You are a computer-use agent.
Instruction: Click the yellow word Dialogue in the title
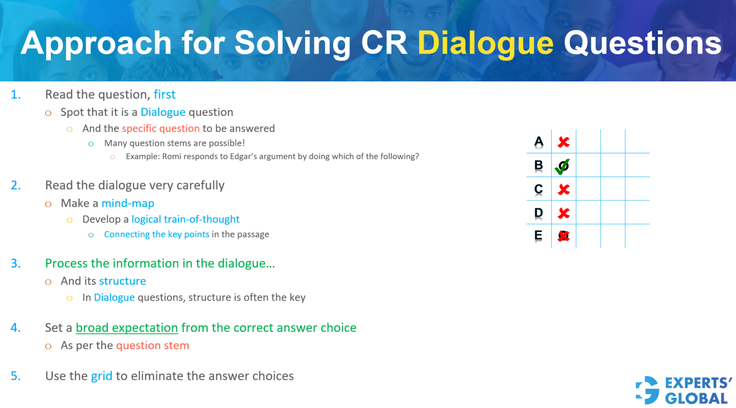point(485,43)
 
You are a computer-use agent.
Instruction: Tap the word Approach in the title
point(96,43)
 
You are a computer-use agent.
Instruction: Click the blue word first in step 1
point(164,95)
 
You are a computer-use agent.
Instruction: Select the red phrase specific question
point(161,129)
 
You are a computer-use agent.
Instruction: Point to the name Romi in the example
point(172,157)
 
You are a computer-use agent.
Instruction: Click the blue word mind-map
point(128,204)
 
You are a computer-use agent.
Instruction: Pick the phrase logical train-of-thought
point(185,220)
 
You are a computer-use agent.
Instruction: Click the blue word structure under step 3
point(122,281)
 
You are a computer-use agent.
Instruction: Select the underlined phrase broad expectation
point(127,328)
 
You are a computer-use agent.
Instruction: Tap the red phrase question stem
point(153,346)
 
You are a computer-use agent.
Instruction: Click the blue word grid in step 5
point(101,376)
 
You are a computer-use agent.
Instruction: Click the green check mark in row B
point(563,166)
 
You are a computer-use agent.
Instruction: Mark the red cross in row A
point(563,142)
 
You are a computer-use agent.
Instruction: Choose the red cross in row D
point(563,213)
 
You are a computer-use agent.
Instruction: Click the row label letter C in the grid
point(538,189)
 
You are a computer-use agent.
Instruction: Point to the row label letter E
point(538,235)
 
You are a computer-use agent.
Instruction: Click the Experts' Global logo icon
point(647,390)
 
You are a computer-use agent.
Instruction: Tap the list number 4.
point(16,328)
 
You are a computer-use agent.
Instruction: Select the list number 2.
point(16,186)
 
